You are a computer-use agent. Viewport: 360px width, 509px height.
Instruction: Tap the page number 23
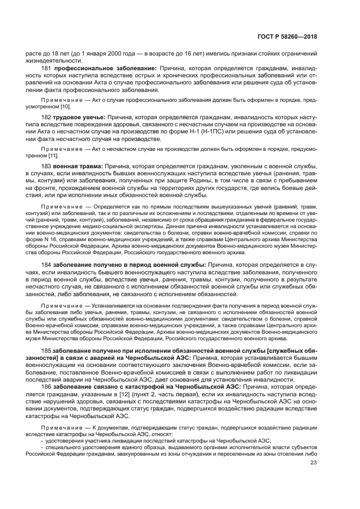pos(313,463)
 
